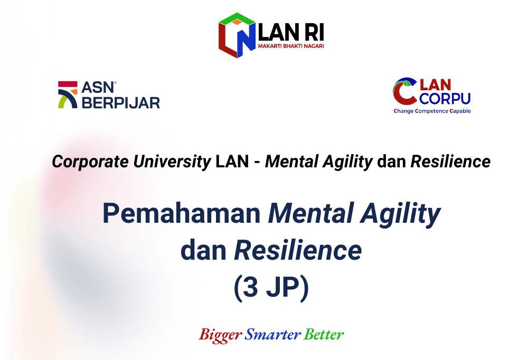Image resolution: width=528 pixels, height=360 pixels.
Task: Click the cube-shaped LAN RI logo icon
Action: click(x=237, y=35)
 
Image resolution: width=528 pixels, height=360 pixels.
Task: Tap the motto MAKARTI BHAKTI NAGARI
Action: click(x=291, y=46)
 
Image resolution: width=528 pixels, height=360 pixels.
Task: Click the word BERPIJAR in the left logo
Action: click(x=121, y=103)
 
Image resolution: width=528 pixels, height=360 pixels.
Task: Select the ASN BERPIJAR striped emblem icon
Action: click(x=68, y=94)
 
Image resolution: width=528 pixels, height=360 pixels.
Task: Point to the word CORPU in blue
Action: click(x=445, y=99)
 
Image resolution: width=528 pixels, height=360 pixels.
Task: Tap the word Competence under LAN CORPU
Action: click(x=431, y=111)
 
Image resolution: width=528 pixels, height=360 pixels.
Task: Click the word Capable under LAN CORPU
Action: click(x=460, y=111)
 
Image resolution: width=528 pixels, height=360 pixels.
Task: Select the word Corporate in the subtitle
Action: click(x=90, y=162)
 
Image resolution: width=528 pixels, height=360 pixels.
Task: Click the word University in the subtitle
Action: click(x=172, y=162)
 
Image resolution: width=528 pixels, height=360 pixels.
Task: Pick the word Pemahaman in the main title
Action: click(x=182, y=213)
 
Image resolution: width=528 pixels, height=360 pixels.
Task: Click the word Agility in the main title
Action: click(x=400, y=214)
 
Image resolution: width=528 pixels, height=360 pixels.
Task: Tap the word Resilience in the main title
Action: click(x=298, y=250)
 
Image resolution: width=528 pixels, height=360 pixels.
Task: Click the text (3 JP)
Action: click(x=271, y=287)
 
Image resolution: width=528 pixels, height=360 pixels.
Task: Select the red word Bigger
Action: click(x=221, y=335)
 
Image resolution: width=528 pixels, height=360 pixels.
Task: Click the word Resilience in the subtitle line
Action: click(x=450, y=162)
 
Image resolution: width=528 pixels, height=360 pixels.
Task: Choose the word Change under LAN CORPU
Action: click(x=403, y=111)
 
